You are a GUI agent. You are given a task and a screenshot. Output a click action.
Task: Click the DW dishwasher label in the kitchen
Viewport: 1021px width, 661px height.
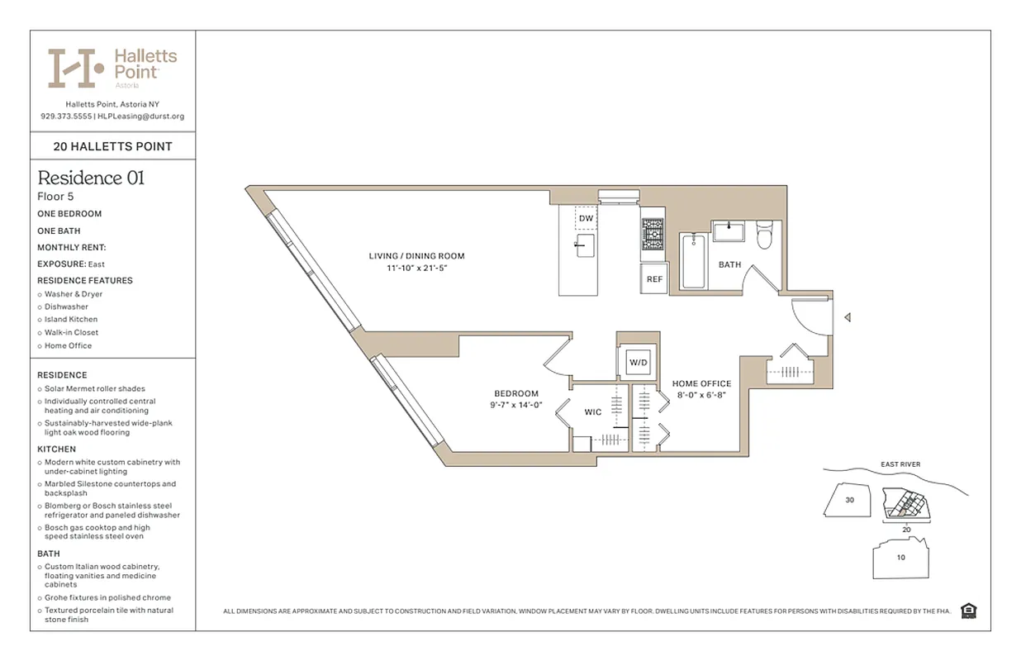pos(586,218)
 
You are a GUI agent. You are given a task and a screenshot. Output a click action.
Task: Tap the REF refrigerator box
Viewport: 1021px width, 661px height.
pos(654,279)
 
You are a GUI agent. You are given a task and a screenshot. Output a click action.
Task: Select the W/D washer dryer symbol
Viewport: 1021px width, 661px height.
pos(639,362)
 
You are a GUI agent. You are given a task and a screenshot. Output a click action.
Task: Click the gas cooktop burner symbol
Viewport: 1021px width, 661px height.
pos(653,234)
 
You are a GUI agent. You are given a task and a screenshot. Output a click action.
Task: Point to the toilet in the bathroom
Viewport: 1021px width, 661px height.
pos(764,235)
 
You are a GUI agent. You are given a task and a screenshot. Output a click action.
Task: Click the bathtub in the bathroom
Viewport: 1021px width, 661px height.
pos(692,260)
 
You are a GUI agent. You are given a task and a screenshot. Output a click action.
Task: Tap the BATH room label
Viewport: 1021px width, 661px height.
pos(729,265)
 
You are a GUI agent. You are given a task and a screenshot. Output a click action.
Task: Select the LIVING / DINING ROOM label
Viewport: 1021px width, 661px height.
pos(416,256)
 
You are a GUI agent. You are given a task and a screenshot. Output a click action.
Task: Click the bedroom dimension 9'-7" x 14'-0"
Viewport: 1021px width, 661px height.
pos(515,405)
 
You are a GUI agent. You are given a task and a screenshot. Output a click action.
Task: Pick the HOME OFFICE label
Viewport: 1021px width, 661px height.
pos(701,383)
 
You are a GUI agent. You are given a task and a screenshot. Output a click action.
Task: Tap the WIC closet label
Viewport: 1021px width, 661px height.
pos(593,411)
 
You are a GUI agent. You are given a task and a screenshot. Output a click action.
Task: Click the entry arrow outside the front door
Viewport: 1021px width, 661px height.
pos(847,317)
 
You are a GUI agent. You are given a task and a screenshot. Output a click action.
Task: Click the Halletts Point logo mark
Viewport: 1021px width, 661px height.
pos(75,68)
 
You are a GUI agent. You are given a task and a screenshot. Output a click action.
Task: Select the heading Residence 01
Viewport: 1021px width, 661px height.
pos(91,178)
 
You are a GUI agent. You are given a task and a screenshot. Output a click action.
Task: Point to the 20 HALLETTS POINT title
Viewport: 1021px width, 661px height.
pos(112,146)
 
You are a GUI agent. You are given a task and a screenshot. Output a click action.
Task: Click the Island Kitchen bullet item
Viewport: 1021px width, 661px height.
pos(71,320)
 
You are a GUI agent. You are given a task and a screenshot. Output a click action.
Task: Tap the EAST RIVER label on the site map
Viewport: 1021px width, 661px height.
pos(900,464)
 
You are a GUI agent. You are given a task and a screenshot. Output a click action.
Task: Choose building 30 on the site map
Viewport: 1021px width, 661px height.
pos(849,500)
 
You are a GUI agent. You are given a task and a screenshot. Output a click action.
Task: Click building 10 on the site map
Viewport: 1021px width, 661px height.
pos(900,557)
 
